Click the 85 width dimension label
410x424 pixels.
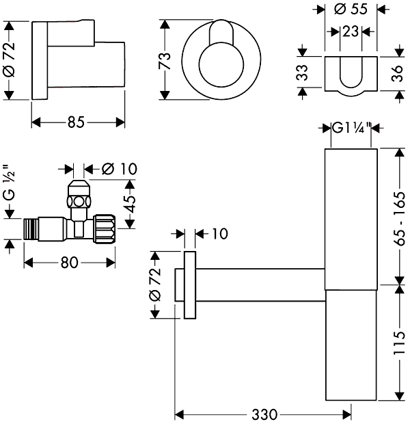pos(76,122)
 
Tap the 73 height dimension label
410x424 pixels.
pos(163,60)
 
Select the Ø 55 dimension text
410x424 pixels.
pos(349,10)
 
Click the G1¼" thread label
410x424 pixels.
pos(351,127)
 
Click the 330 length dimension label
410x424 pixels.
pos(264,414)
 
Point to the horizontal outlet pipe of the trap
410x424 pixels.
pos(260,281)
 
